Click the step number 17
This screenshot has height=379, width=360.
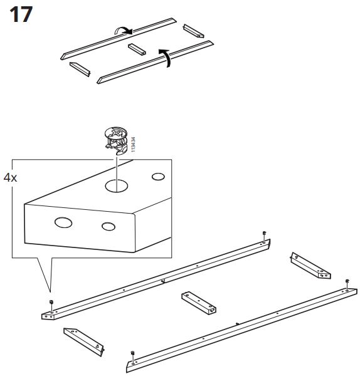(21, 14)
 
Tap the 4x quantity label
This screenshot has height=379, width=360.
(10, 178)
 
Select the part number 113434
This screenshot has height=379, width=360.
(133, 144)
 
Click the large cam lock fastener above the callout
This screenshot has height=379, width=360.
(116, 140)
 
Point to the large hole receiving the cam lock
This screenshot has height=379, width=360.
(117, 186)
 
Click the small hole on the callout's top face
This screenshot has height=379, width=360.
(158, 177)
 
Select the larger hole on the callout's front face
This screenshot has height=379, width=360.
(63, 222)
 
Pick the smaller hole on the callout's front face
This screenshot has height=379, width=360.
(109, 227)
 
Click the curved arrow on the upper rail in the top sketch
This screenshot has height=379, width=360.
(123, 31)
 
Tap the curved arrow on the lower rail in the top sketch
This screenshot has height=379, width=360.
(166, 57)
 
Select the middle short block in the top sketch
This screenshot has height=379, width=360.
(137, 49)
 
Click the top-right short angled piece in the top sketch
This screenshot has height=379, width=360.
(193, 31)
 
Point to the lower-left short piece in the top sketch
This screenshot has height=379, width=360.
(80, 69)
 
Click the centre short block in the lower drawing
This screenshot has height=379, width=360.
(199, 303)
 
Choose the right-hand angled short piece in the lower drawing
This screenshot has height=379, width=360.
(310, 266)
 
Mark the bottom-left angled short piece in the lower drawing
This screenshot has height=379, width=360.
(84, 342)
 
